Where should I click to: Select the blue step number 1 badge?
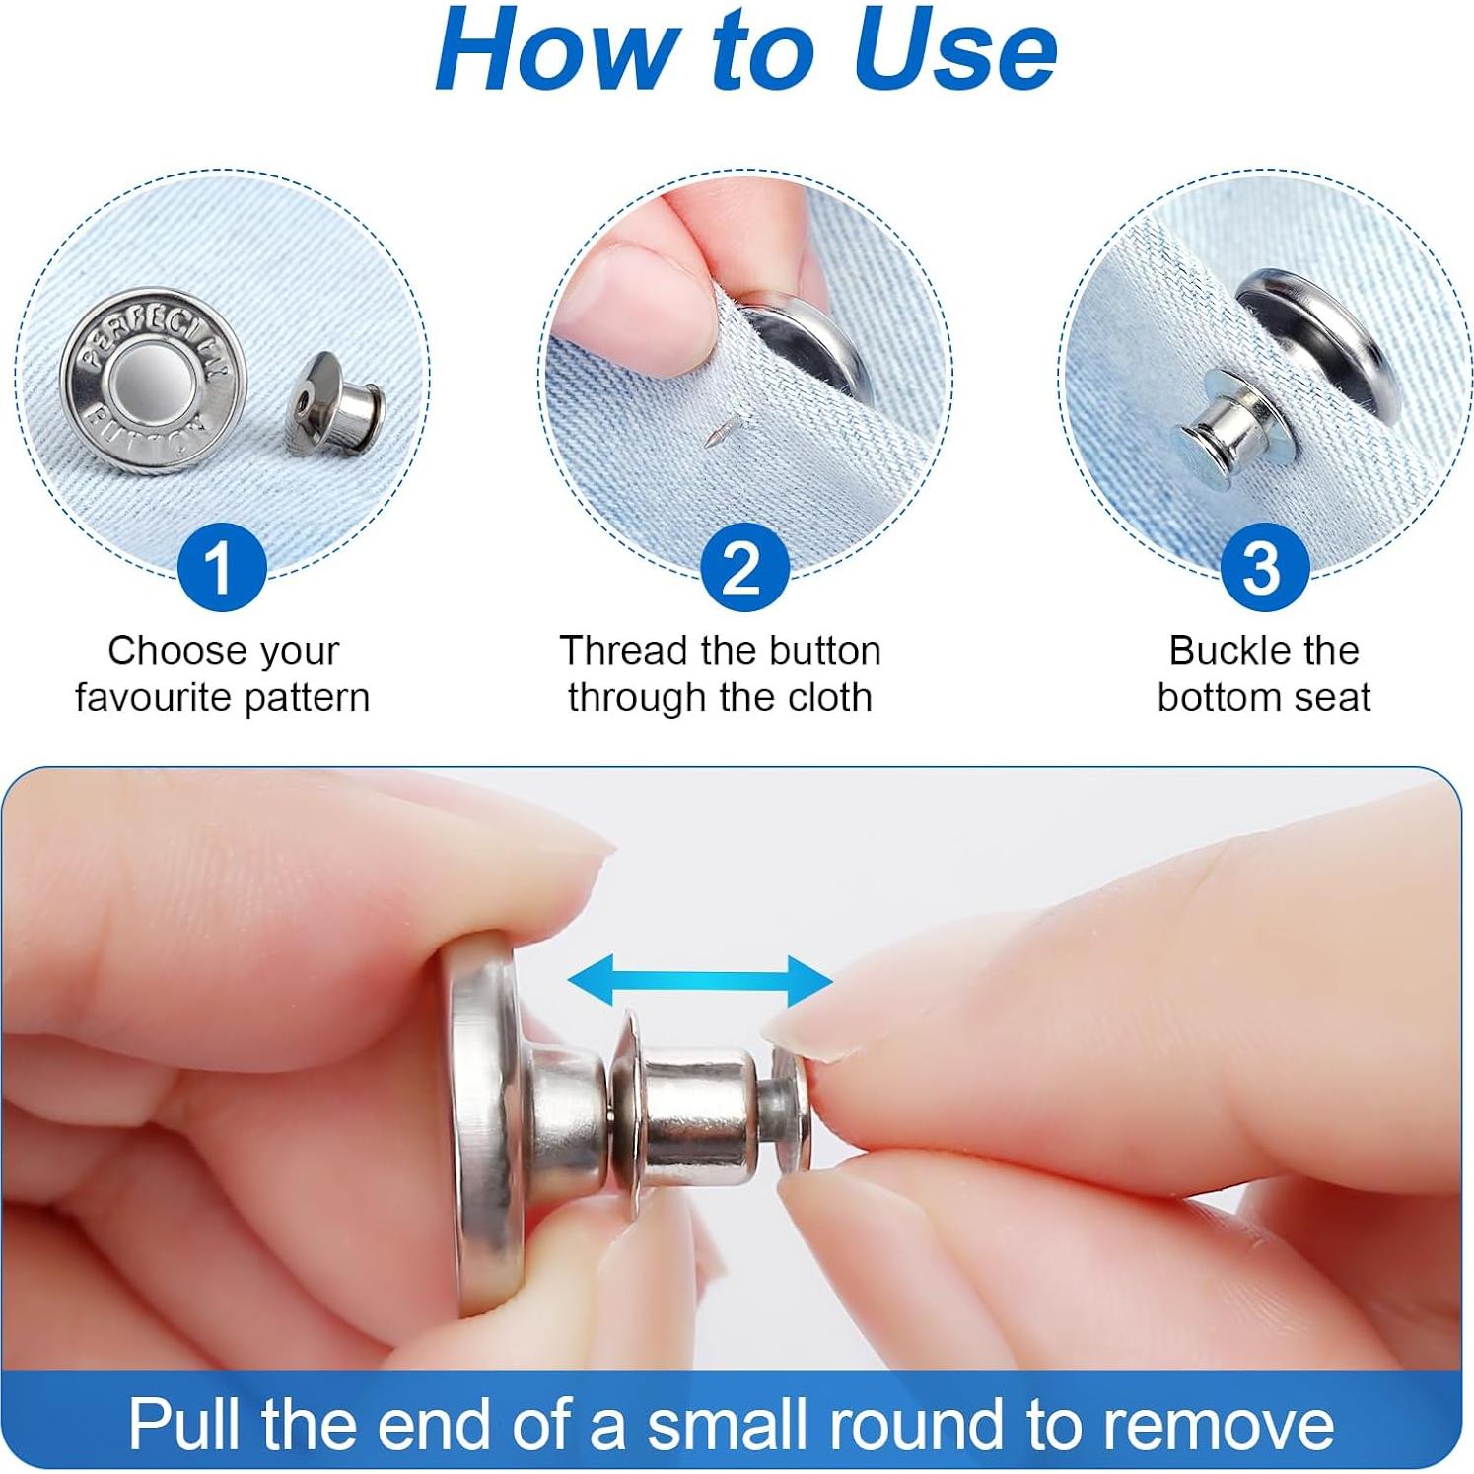[x=221, y=568]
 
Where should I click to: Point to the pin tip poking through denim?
[x=716, y=432]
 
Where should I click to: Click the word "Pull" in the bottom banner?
[x=187, y=1423]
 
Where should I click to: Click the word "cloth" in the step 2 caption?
[x=825, y=698]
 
